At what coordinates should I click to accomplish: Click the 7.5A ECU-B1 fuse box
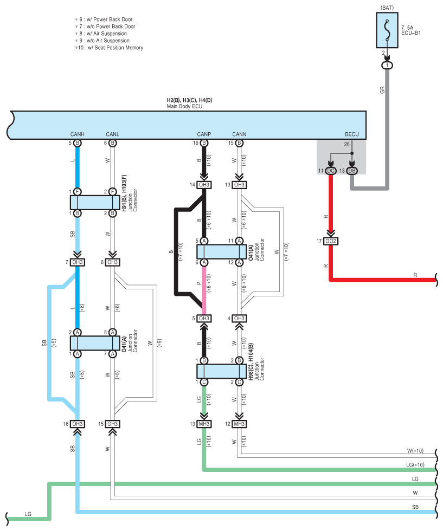point(387,30)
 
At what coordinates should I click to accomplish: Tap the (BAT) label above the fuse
point(387,8)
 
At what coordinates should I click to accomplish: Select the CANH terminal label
point(78,134)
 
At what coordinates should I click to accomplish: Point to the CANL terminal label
point(113,134)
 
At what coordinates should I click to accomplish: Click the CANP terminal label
point(204,134)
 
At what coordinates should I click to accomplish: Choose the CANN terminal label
point(239,134)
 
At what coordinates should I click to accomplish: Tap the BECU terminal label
point(352,134)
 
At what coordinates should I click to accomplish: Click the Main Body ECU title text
point(184,106)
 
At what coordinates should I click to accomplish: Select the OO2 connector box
point(331,241)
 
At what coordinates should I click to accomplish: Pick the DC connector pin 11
point(331,171)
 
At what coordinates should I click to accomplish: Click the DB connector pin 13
point(352,171)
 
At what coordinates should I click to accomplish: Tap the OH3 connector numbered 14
point(204,185)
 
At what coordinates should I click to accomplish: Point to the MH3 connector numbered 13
point(204,424)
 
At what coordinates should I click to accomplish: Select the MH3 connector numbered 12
point(239,424)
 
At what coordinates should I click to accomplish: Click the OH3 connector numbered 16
point(78,424)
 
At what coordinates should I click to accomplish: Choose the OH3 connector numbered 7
point(78,262)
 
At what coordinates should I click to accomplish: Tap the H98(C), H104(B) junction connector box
point(222,371)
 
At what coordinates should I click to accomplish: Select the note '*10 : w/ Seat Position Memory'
point(109,48)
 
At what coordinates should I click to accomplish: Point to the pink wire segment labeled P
point(204,290)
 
